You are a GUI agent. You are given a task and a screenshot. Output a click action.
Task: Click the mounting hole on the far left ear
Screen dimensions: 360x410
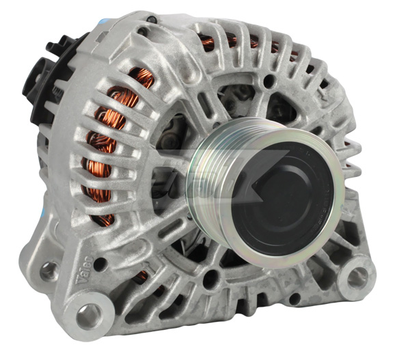pyautogui.click(x=49, y=271)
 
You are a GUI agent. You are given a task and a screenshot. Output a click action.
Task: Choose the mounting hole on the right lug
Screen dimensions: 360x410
pyautogui.click(x=357, y=277)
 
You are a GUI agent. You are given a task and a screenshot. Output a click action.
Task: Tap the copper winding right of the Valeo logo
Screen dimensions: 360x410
pyautogui.click(x=139, y=277)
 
